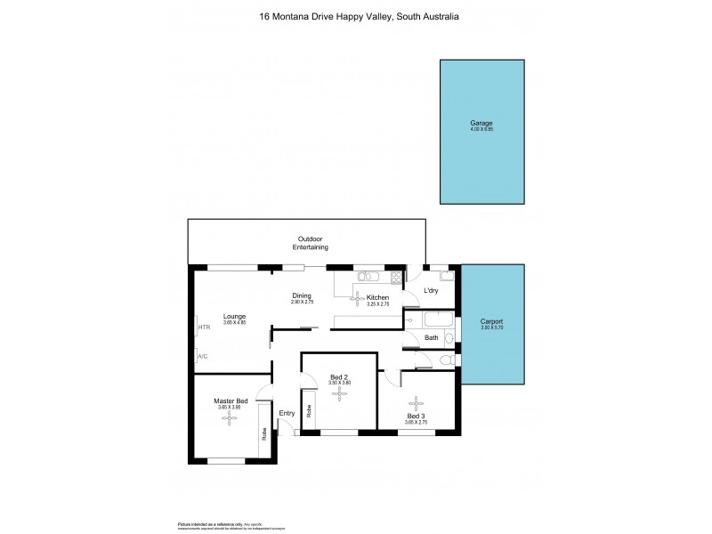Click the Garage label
[x=481, y=123]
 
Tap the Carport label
[x=491, y=321]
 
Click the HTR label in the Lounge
[x=204, y=328]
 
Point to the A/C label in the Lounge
[x=202, y=357]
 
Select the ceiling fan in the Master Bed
[x=229, y=418]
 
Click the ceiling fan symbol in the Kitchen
[x=356, y=296]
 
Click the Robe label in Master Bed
[x=264, y=435]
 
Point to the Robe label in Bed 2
[x=309, y=411]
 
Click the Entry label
[x=287, y=413]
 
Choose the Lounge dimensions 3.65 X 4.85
[x=234, y=324]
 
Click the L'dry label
[x=431, y=291]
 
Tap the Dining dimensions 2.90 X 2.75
[x=303, y=303]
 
